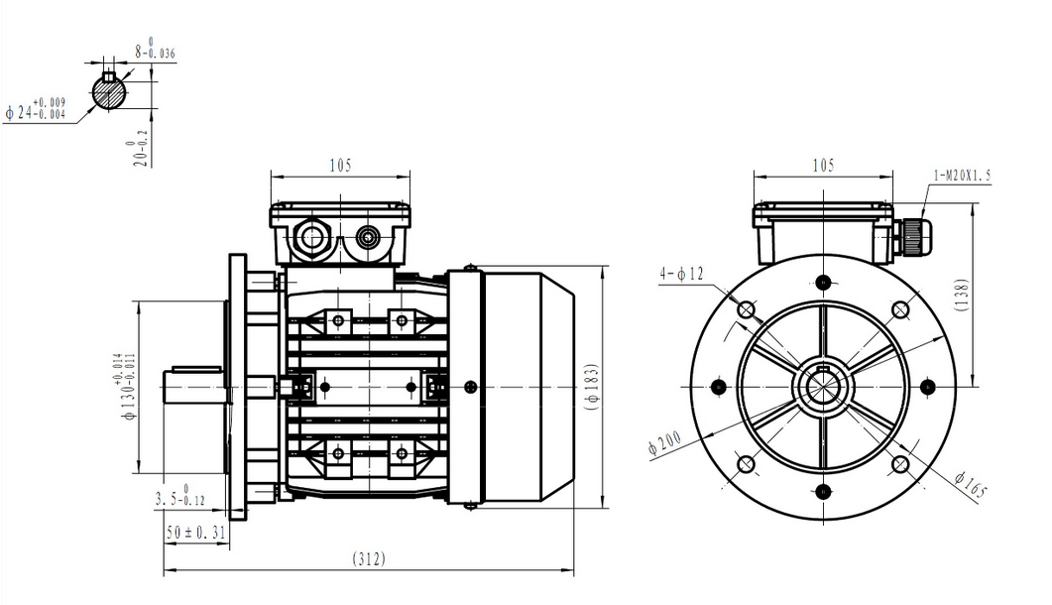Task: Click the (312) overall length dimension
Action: (368, 559)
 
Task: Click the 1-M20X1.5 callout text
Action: (961, 176)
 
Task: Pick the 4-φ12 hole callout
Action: (681, 273)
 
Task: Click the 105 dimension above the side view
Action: (340, 166)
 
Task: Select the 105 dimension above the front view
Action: (823, 166)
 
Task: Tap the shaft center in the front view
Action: (823, 385)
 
